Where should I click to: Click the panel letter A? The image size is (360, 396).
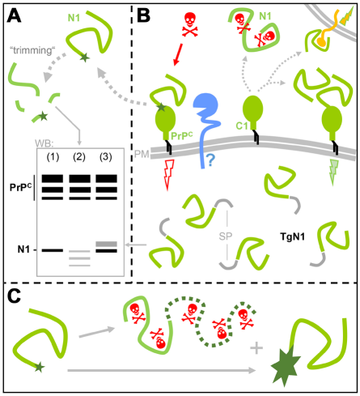[14, 15]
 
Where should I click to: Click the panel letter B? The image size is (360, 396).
[143, 15]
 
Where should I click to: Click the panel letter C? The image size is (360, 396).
[14, 296]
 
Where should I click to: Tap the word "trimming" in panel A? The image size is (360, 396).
[32, 50]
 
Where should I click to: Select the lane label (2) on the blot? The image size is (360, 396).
[79, 157]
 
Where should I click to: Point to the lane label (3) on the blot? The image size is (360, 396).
[105, 157]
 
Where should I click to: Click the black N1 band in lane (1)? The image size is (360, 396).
[53, 250]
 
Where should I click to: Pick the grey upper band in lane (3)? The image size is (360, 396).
[107, 244]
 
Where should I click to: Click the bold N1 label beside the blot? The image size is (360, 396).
[23, 249]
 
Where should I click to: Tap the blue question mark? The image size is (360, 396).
[211, 160]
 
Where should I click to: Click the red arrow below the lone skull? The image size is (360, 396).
[178, 54]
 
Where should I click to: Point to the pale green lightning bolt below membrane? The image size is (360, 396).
[333, 172]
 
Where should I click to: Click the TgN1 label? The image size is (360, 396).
[293, 236]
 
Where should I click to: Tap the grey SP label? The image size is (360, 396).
[226, 236]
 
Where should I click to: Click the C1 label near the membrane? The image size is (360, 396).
[242, 126]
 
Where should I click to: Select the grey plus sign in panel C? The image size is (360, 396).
[256, 347]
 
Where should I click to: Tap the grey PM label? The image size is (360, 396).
[142, 155]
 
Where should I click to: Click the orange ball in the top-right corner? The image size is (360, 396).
[320, 41]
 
